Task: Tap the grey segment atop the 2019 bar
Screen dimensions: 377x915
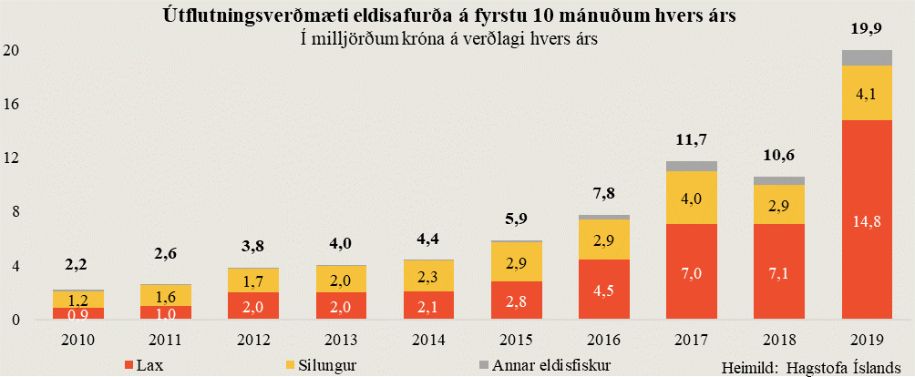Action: tap(867, 57)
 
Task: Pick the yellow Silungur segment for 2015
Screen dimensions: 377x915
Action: tap(517, 261)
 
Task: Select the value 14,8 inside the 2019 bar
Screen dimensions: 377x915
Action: tap(867, 219)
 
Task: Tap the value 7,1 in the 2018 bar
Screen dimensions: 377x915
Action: tap(779, 275)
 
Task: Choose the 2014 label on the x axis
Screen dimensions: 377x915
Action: tap(429, 341)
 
